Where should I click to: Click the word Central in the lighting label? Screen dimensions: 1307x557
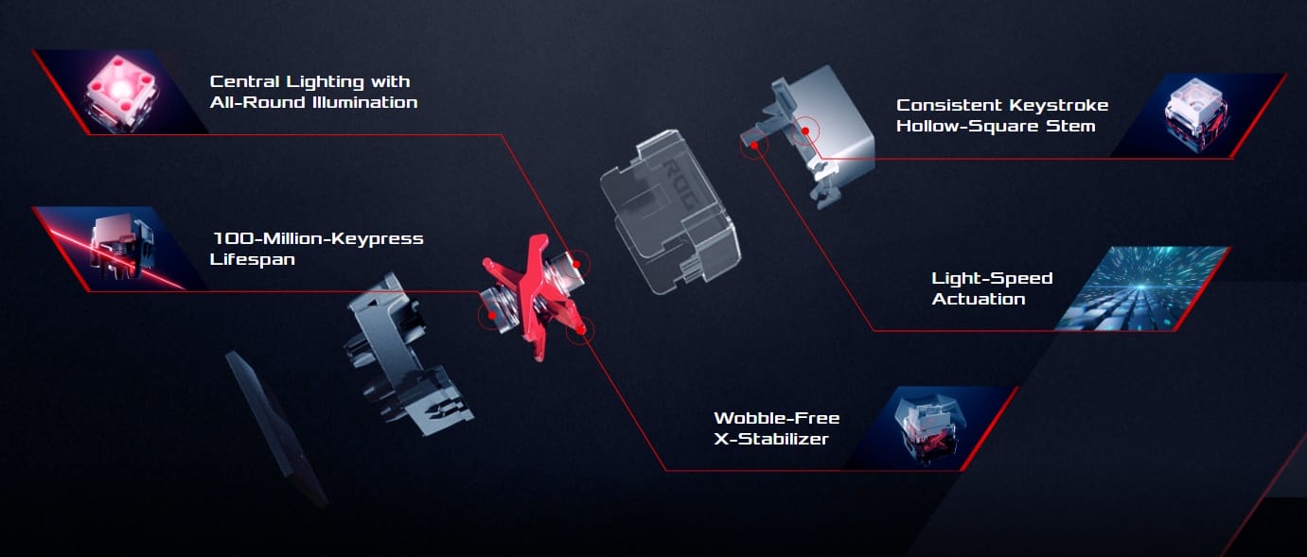[244, 81]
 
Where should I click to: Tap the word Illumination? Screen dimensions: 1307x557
[365, 103]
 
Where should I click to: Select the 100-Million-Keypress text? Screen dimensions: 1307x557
[318, 238]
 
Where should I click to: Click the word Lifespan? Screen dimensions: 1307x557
[252, 259]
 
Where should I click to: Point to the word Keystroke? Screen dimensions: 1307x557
[1058, 106]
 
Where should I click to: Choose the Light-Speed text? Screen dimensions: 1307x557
[992, 278]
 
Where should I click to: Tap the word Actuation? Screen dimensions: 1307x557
[978, 299]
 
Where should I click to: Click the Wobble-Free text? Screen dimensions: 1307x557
[777, 418]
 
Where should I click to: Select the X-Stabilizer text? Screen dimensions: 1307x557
[770, 439]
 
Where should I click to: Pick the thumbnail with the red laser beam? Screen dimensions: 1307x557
[119, 249]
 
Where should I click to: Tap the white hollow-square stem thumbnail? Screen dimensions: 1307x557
[1195, 115]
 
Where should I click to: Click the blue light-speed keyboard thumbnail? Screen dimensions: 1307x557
[1142, 288]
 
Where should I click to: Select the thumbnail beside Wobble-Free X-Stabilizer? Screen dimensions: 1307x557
[930, 428]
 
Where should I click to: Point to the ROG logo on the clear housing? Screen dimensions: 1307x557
[680, 184]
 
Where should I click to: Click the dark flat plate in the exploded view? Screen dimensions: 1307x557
[275, 428]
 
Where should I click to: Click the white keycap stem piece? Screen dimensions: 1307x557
[817, 133]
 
